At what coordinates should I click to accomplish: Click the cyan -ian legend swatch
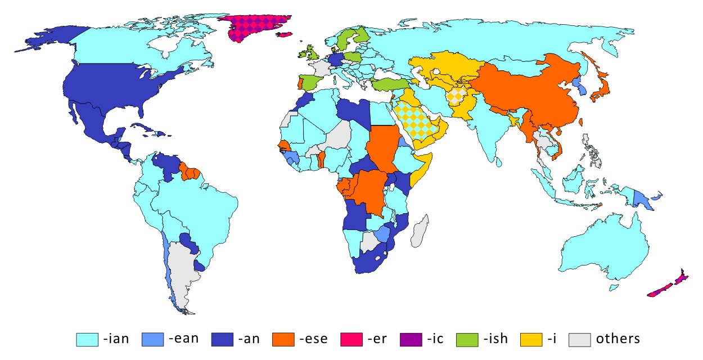click(x=87, y=339)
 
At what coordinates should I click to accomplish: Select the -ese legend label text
click(x=312, y=339)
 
